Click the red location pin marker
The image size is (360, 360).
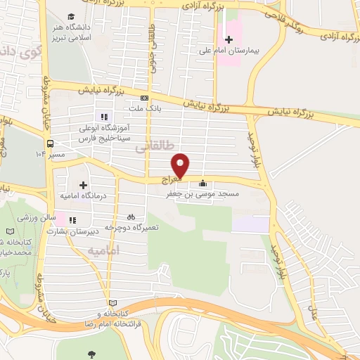(181, 165)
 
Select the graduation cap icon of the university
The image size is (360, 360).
(71, 15)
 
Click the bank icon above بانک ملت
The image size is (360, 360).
(144, 98)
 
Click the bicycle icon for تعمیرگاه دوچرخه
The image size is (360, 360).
(131, 217)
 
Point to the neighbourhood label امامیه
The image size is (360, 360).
(105, 250)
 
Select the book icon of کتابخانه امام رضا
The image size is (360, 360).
(105, 302)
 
